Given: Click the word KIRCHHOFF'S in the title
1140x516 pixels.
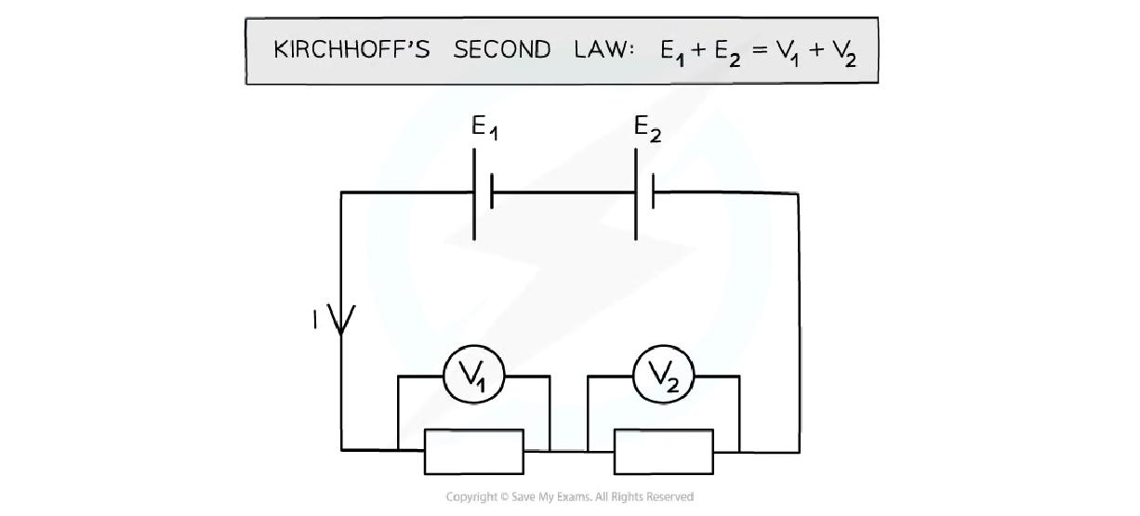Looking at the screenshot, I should (351, 50).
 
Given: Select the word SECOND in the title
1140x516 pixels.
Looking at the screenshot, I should (502, 50).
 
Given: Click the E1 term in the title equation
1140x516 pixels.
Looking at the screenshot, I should (672, 52).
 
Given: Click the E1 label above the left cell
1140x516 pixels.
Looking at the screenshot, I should (484, 128).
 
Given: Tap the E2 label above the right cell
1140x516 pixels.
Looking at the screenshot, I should (647, 128).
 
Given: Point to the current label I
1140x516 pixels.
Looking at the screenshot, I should (315, 320).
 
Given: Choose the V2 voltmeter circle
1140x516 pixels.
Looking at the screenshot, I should (664, 376).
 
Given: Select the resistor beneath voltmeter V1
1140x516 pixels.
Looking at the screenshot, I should (473, 451).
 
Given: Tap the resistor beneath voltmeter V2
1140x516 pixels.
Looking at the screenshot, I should (664, 451).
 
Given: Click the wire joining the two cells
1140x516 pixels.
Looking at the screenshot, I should (563, 193).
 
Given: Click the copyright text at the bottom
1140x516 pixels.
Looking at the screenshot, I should (569, 497).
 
